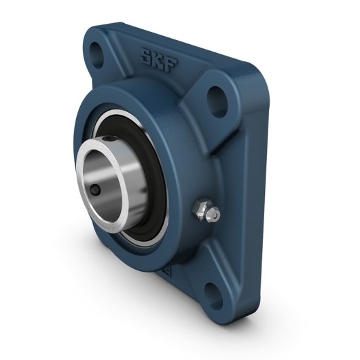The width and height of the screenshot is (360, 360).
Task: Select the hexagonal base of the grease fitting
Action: click(x=202, y=209)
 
